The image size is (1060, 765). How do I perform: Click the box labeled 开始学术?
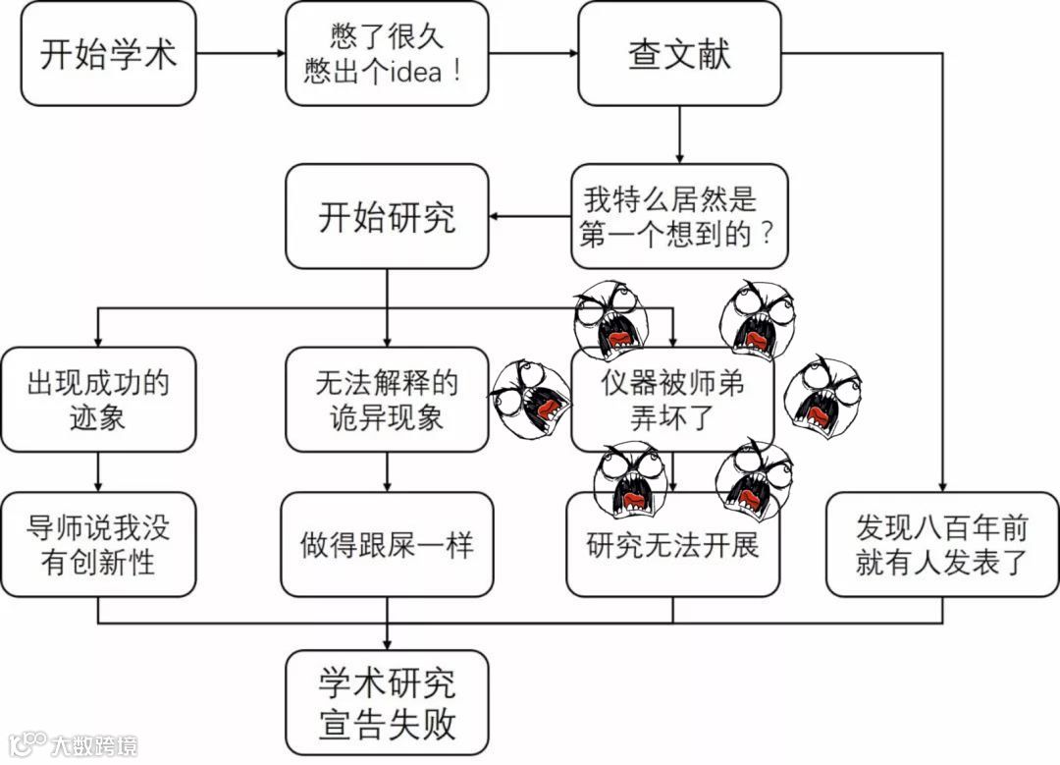click(x=108, y=54)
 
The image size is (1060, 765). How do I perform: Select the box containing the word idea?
click(x=387, y=54)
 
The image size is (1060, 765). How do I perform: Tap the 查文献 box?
click(x=679, y=54)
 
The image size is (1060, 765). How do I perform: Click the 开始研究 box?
click(x=387, y=217)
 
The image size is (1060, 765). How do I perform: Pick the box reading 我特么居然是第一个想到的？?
click(x=679, y=217)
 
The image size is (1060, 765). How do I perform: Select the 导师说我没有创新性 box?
click(x=98, y=545)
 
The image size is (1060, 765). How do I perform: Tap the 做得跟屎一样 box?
click(x=387, y=545)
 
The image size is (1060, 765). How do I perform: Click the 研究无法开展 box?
click(x=673, y=545)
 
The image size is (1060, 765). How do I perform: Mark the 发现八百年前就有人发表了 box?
click(x=942, y=545)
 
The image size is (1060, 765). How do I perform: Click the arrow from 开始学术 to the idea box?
click(x=240, y=54)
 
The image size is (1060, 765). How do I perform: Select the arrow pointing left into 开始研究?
click(x=530, y=217)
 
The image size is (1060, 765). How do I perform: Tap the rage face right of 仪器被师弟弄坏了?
click(x=822, y=384)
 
